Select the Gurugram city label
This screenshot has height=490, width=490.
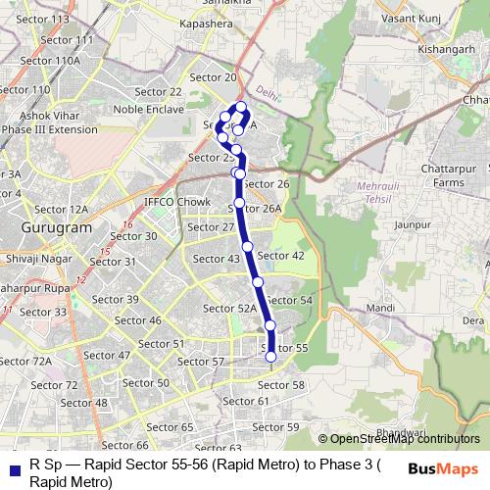pos(56,226)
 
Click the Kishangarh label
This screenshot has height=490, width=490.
pos(417,47)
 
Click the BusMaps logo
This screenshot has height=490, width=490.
pos(443,468)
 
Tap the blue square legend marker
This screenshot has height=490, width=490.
pos(13,469)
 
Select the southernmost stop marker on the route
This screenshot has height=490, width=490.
pos(271,358)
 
